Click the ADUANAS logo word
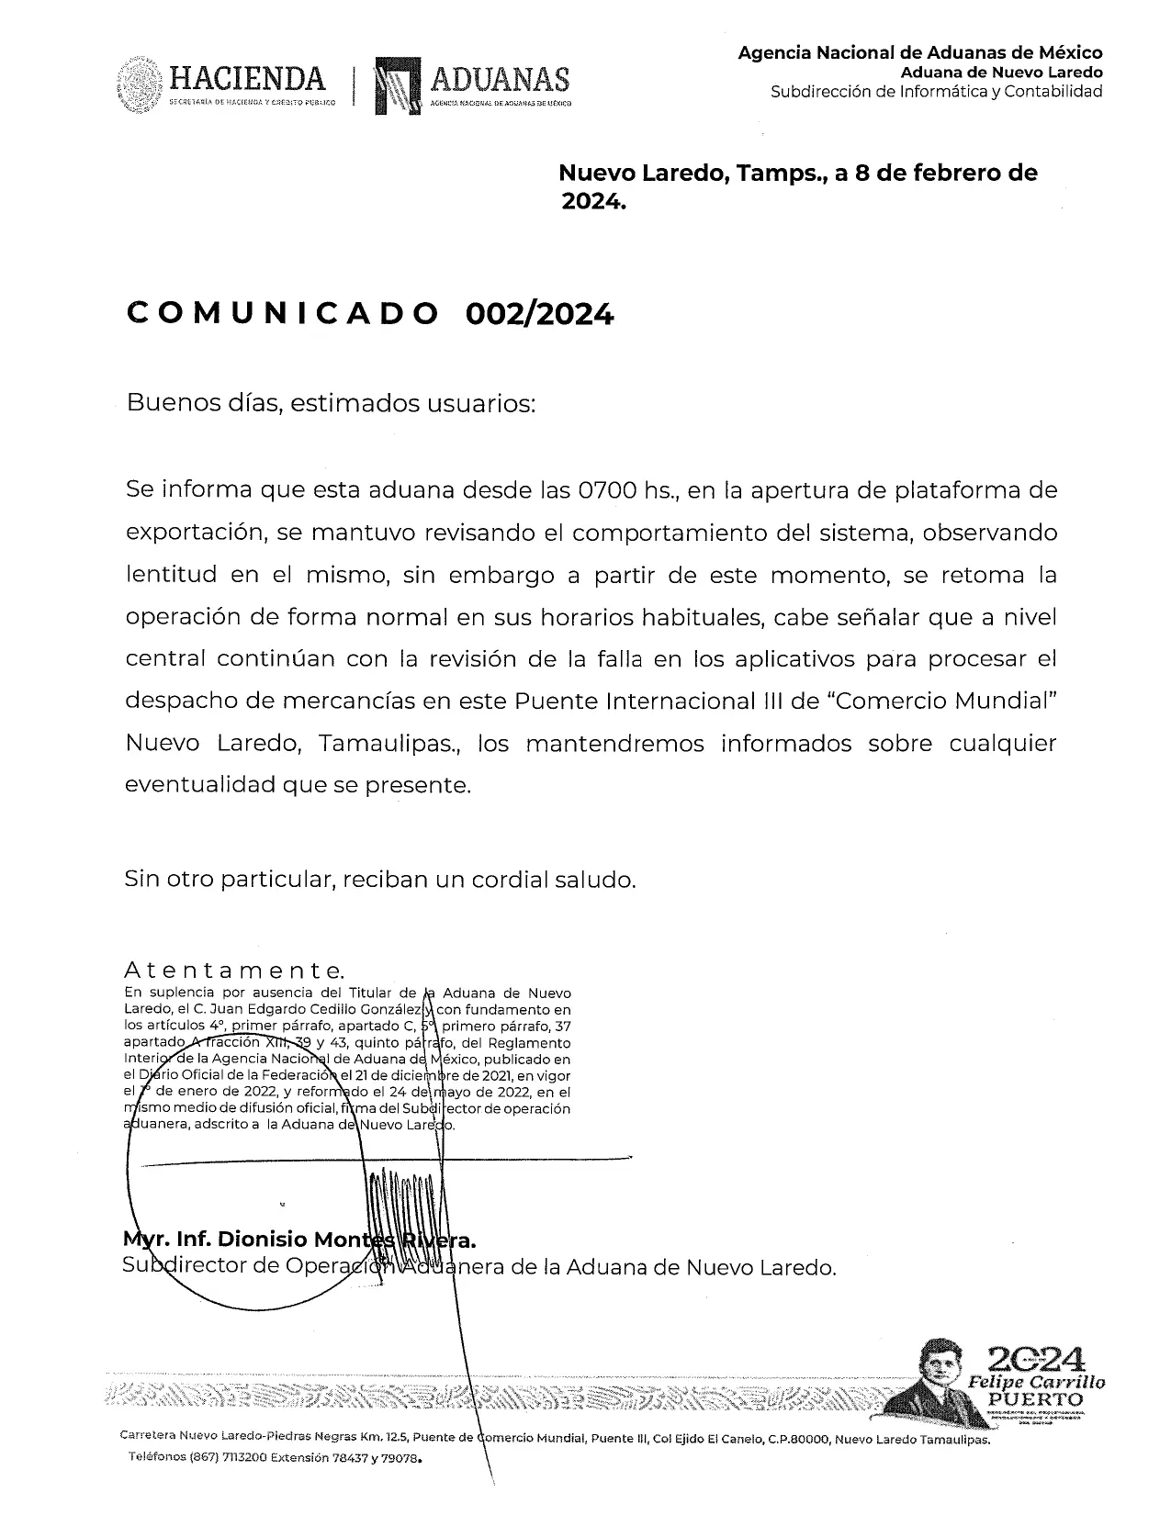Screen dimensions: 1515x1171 (501, 80)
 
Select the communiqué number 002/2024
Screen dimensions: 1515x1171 (539, 314)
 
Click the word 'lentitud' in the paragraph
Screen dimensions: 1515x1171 (172, 575)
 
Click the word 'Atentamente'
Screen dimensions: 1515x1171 (234, 971)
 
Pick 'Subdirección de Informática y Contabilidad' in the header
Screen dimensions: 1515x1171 (936, 91)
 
